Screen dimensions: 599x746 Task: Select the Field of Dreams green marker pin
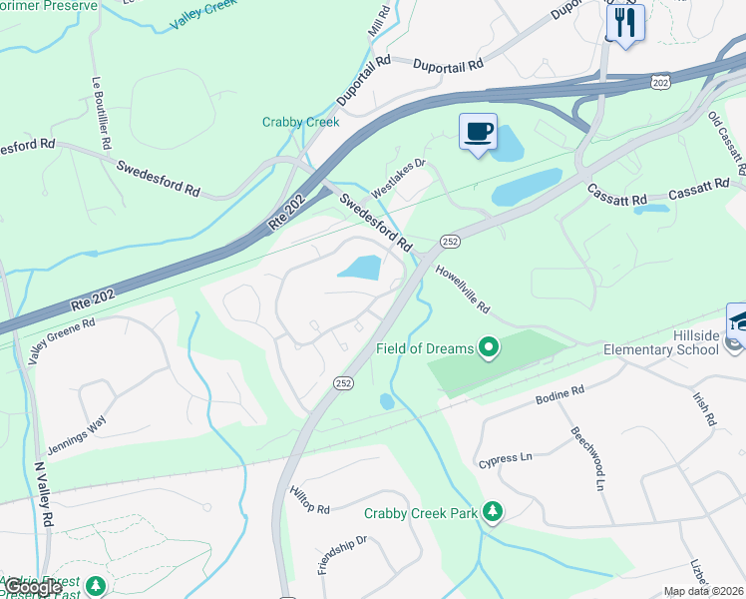coord(488,347)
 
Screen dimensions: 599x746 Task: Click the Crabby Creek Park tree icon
coord(492,511)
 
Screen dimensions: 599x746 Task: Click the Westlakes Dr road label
coord(398,177)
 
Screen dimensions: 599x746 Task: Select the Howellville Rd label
coord(463,290)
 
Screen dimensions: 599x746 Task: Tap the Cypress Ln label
coord(506,458)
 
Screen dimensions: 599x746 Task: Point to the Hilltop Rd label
coord(309,500)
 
